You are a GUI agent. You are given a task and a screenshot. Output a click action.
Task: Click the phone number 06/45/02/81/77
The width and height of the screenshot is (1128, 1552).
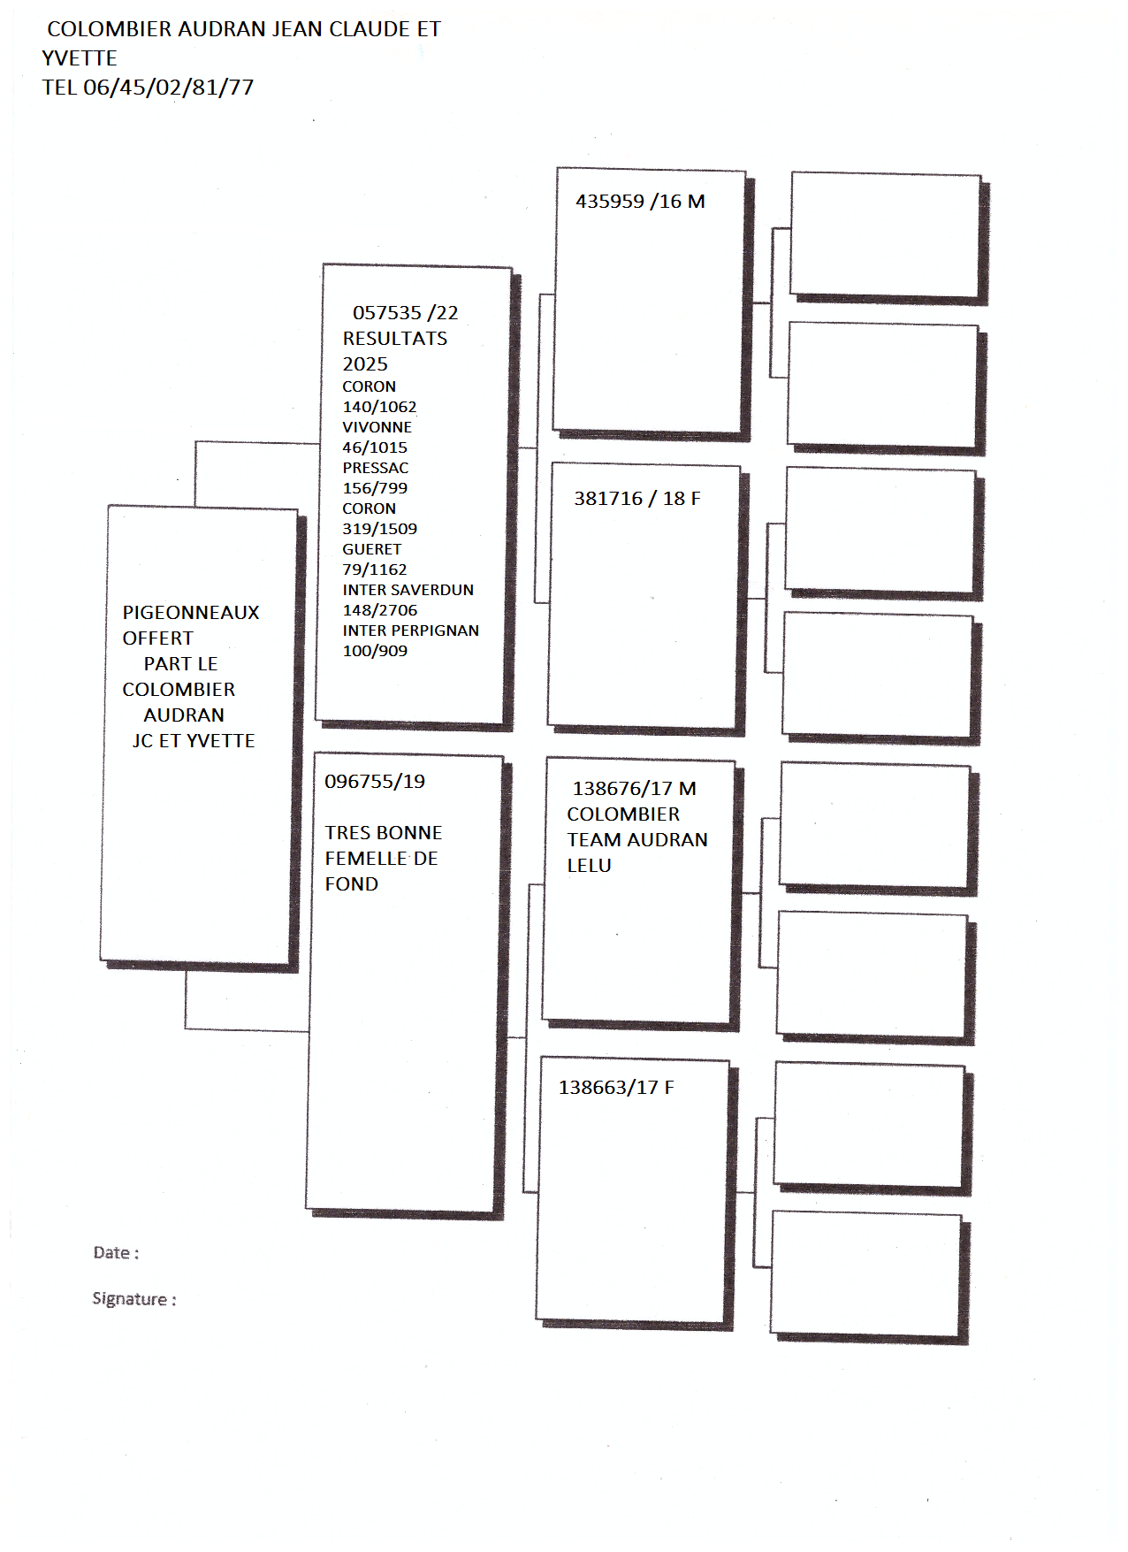(x=169, y=88)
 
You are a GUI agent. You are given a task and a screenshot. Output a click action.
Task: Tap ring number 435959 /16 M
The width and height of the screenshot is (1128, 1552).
(x=640, y=202)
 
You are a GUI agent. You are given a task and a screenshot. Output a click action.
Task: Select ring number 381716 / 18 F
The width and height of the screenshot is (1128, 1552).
(x=637, y=499)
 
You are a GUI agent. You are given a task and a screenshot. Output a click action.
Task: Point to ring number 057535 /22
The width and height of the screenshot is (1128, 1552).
(x=406, y=313)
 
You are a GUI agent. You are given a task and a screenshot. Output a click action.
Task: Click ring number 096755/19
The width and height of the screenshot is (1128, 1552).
(x=375, y=782)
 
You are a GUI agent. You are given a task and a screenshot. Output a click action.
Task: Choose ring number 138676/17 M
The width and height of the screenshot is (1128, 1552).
(x=635, y=789)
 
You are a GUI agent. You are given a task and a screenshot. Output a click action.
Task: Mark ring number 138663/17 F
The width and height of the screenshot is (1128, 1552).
(x=616, y=1088)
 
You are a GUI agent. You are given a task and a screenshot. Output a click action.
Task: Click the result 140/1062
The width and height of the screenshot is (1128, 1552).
(x=379, y=407)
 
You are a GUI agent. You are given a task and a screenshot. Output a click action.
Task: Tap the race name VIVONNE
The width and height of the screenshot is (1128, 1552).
(x=377, y=427)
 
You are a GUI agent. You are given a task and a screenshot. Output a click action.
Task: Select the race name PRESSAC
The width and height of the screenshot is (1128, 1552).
(x=376, y=468)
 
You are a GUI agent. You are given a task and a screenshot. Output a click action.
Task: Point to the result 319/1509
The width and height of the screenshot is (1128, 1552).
(x=380, y=529)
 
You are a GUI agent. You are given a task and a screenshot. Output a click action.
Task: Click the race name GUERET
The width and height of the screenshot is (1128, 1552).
(x=372, y=549)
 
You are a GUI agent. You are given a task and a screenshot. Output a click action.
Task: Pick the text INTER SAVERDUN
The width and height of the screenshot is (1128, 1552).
(x=408, y=590)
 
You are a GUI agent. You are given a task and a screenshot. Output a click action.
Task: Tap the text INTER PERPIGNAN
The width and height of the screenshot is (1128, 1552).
(x=411, y=631)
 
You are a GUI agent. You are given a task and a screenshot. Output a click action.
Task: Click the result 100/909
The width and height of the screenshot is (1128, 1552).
(x=376, y=651)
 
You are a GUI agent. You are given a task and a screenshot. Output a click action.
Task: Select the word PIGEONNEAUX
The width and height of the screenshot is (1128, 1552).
(x=191, y=613)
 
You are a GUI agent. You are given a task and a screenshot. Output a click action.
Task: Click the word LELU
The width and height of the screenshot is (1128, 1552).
(x=590, y=866)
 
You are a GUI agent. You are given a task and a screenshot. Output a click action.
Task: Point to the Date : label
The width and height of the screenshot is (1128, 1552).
(x=116, y=1253)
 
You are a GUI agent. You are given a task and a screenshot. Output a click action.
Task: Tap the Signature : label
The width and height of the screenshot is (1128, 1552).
(x=134, y=1299)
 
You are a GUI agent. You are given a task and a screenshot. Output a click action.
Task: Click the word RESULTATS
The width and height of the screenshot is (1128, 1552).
(x=395, y=339)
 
